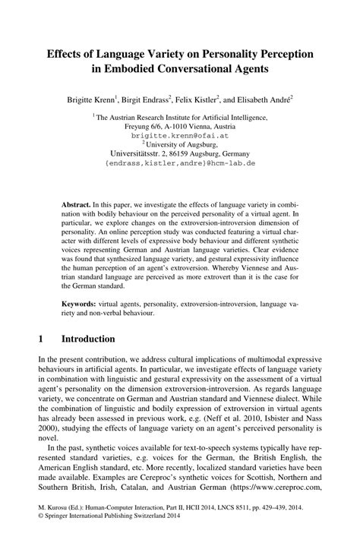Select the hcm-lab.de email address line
click(x=180, y=163)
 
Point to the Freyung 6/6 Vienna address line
click(x=180, y=127)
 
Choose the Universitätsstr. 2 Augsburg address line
click(x=180, y=153)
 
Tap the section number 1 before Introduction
click(x=40, y=339)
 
